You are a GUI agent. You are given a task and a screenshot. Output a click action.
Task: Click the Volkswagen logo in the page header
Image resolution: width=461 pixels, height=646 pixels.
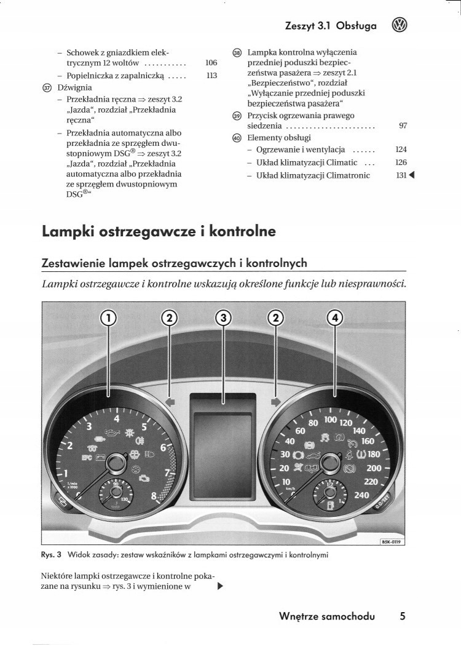pyautogui.click(x=400, y=25)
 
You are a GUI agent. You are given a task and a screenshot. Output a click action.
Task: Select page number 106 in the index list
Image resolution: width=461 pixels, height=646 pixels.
pyautogui.click(x=211, y=63)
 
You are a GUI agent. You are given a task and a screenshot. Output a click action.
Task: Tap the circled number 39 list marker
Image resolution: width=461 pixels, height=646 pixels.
pyautogui.click(x=237, y=116)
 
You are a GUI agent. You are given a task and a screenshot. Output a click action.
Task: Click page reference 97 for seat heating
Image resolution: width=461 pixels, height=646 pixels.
pyautogui.click(x=403, y=126)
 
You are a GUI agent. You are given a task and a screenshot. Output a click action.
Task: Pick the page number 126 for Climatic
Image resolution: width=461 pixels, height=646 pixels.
pyautogui.click(x=401, y=162)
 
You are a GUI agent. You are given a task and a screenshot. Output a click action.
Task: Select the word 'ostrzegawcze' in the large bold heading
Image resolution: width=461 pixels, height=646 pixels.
pyautogui.click(x=143, y=233)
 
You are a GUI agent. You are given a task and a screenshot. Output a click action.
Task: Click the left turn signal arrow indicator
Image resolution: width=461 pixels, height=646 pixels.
pyautogui.click(x=171, y=401)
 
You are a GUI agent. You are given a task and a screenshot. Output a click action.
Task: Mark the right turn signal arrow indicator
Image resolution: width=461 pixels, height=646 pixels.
pyautogui.click(x=276, y=401)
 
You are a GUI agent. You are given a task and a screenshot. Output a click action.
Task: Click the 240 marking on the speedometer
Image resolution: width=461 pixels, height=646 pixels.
pyautogui.click(x=362, y=495)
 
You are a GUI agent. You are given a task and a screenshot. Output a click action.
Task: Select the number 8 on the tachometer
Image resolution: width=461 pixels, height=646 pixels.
pyautogui.click(x=153, y=495)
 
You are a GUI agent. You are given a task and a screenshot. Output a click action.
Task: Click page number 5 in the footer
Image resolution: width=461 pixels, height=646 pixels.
pyautogui.click(x=402, y=616)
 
